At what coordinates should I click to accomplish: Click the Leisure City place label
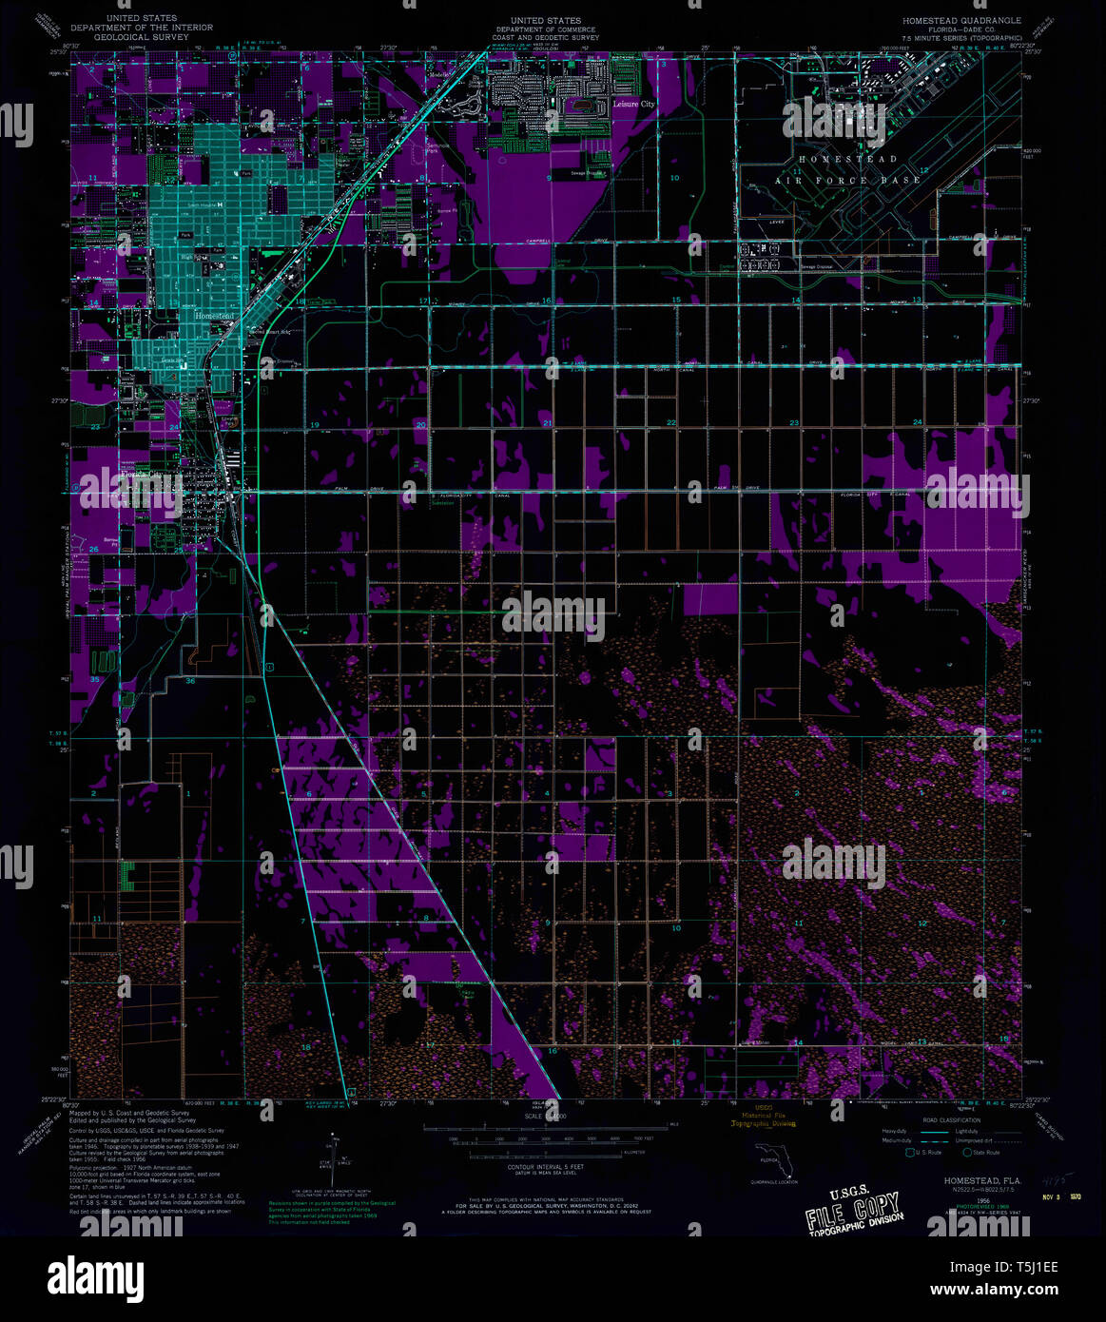coord(633,104)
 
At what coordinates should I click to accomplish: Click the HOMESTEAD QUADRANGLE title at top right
coord(963,20)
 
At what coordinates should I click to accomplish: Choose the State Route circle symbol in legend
coord(968,1152)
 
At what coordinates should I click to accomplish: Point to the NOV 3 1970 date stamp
coord(1061,1196)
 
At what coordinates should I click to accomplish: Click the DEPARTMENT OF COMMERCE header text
coord(546,29)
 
